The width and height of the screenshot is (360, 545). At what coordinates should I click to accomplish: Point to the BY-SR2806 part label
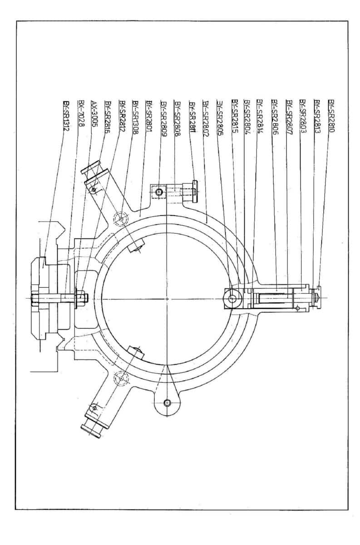pyautogui.click(x=274, y=116)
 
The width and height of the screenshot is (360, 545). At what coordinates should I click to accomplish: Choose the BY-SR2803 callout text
pyautogui.click(x=302, y=116)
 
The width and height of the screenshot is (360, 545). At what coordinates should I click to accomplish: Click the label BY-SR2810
pyautogui.click(x=331, y=116)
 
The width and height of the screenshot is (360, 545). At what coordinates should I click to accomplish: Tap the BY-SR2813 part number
pyautogui.click(x=317, y=116)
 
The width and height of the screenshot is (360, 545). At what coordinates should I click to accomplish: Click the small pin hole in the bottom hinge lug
pyautogui.click(x=168, y=402)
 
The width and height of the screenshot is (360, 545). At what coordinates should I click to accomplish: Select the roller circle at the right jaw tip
pyautogui.click(x=233, y=299)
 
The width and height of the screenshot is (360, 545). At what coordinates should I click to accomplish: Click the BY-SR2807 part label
pyautogui.click(x=288, y=116)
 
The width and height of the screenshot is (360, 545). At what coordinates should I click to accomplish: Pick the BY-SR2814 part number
pyautogui.click(x=260, y=116)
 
